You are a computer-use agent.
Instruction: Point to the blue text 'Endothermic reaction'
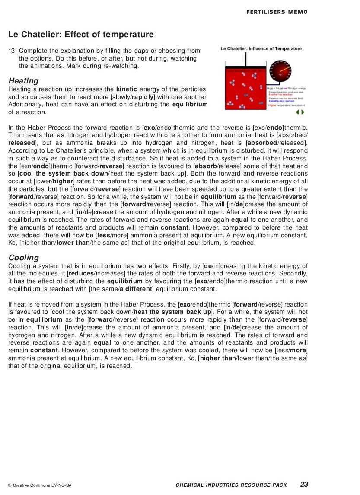click(x=281, y=101)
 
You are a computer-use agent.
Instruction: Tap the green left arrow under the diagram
click(x=297, y=112)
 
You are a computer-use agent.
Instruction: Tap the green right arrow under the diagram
click(x=303, y=112)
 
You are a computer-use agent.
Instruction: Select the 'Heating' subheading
click(x=23, y=81)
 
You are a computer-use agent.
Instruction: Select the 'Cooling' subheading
click(x=23, y=258)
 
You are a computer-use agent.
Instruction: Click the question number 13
click(x=12, y=51)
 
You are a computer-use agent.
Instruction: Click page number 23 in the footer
click(x=304, y=485)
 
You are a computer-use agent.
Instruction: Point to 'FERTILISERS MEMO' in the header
click(x=277, y=12)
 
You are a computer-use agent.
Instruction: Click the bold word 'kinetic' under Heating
click(x=127, y=89)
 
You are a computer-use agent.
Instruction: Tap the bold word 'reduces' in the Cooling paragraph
click(x=80, y=274)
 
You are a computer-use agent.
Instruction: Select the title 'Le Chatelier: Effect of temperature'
click(x=81, y=35)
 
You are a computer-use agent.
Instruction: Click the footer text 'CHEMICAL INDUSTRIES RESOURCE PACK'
click(x=231, y=485)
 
